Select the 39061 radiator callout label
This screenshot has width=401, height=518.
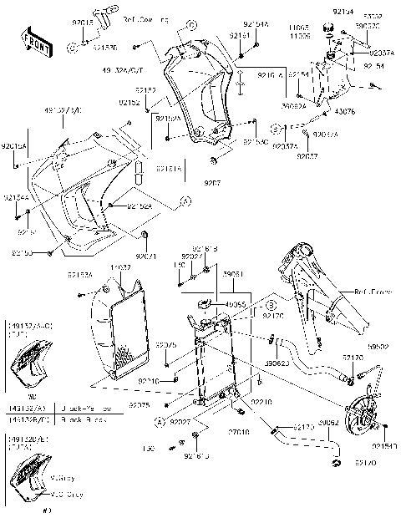(x=232, y=273)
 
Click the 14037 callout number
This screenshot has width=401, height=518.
(x=121, y=267)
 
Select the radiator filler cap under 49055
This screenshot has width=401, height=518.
(x=205, y=319)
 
